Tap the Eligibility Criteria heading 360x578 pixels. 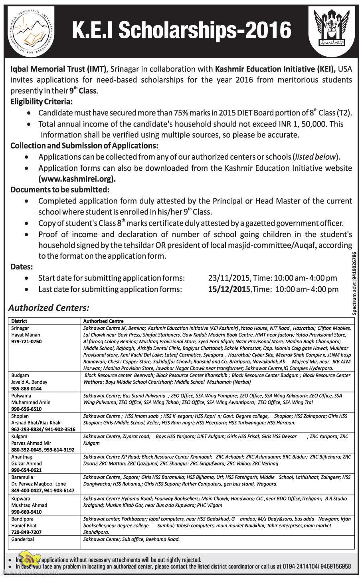click(x=42, y=102)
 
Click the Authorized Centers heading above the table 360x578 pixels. click(x=49, y=308)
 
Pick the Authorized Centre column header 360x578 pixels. click(x=103, y=321)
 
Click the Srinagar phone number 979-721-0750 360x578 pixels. click(x=26, y=341)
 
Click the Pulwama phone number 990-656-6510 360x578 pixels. click(x=26, y=409)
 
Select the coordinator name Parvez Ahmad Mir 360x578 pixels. click(x=31, y=443)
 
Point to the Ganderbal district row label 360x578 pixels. click(x=23, y=539)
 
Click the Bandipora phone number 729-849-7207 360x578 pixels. click(x=26, y=532)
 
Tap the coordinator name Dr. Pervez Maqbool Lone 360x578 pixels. click(x=38, y=484)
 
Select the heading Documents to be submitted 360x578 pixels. click(x=60, y=190)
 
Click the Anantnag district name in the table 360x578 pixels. click(x=22, y=457)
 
